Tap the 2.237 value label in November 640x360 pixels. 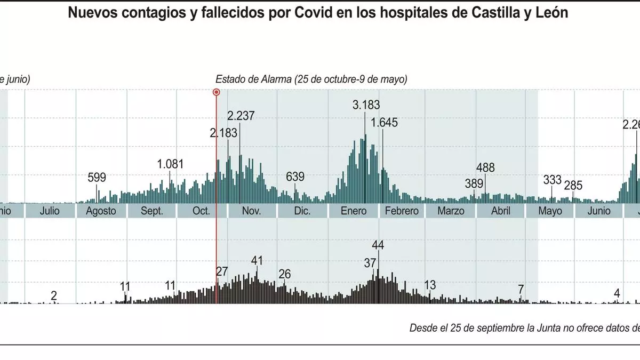[x=241, y=116]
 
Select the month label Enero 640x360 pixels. [x=354, y=211]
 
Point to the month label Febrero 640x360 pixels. [x=402, y=211]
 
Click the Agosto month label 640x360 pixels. [x=101, y=211]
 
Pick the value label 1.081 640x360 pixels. [x=170, y=164]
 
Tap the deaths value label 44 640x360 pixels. [x=378, y=245]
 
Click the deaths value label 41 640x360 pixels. [x=257, y=261]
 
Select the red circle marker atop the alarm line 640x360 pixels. [x=216, y=92]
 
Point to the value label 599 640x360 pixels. [x=97, y=178]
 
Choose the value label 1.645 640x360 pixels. [x=384, y=123]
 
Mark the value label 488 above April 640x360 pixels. [x=485, y=168]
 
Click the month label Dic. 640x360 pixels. [x=302, y=211]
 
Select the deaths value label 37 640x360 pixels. [x=370, y=263]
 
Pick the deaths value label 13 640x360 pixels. [x=430, y=284]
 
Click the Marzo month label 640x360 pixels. [x=451, y=211]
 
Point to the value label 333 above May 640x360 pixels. [x=552, y=180]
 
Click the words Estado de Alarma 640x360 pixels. [x=253, y=79]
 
